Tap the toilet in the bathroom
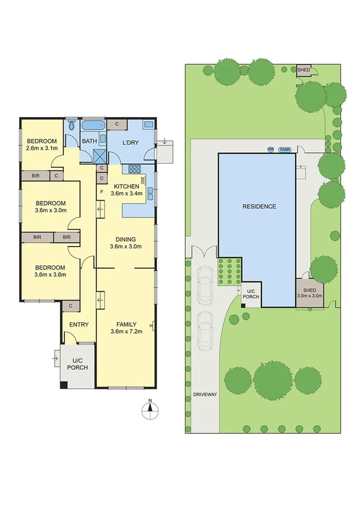point(72,125)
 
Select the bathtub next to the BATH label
point(93,126)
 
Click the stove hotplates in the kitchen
point(135,170)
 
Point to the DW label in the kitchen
point(142,180)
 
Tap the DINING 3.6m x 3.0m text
point(125,242)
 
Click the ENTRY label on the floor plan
point(79,325)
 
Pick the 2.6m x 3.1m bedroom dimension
point(42,148)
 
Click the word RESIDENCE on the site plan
point(259,206)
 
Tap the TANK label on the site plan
point(284,150)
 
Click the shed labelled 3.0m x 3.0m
point(310,293)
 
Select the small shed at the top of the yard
point(304,70)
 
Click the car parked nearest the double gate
point(205,283)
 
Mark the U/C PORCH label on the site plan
point(251,293)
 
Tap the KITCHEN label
point(126,186)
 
